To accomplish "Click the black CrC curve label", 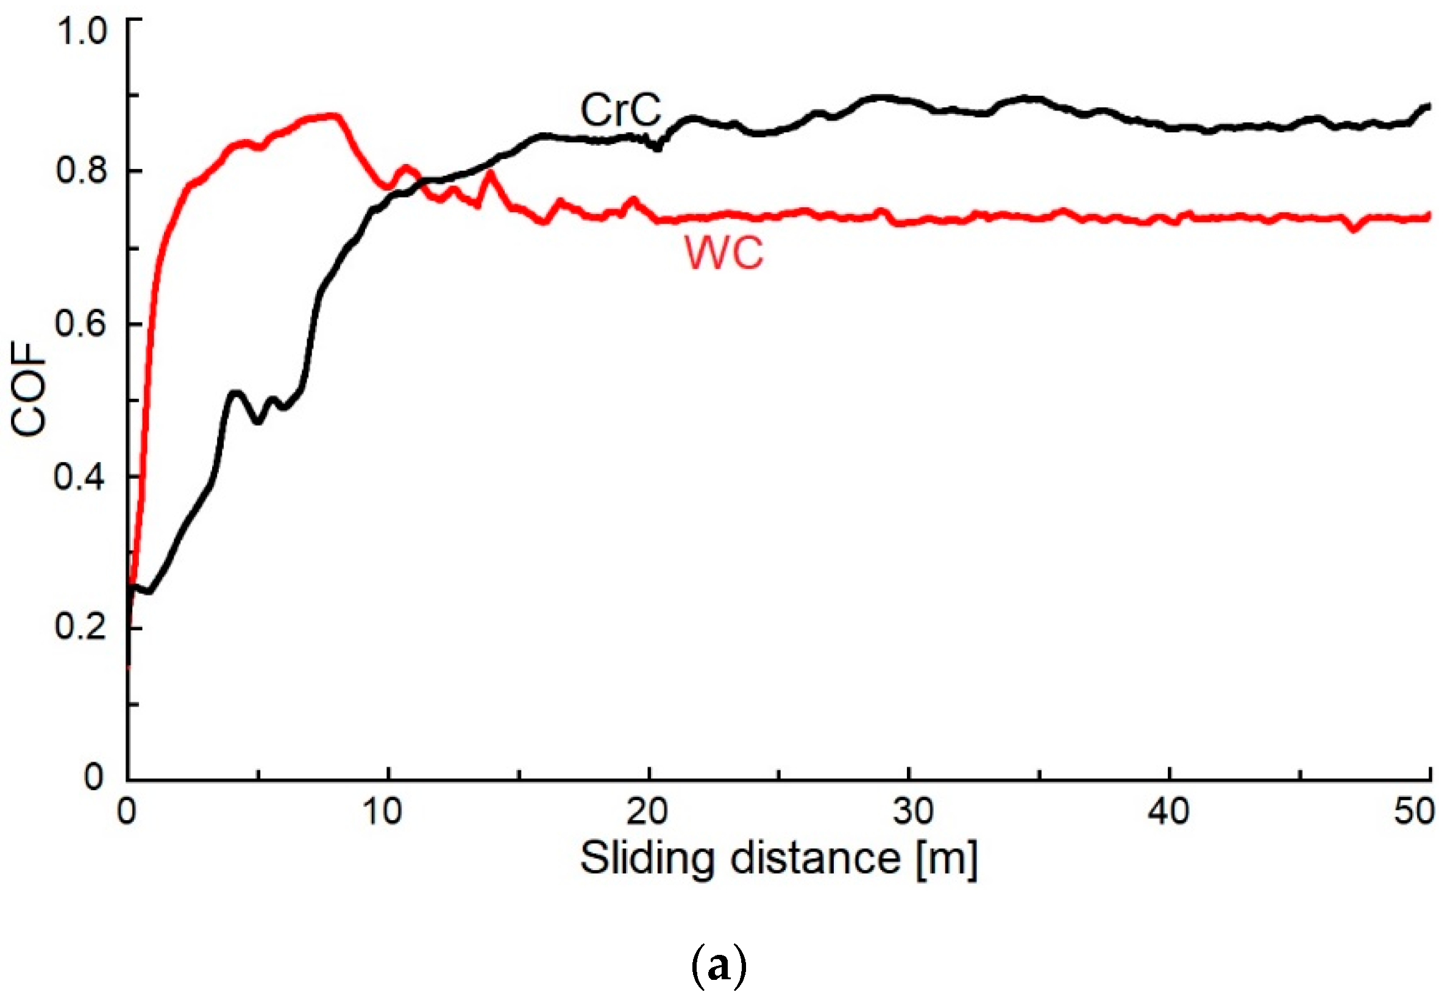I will [620, 110].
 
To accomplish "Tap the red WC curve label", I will [723, 253].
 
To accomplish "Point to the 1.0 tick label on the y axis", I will [82, 30].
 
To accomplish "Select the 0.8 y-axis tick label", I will [82, 170].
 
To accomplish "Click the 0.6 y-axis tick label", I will [82, 324].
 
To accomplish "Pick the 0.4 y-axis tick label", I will [82, 477].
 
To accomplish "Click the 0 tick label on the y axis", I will [94, 777].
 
